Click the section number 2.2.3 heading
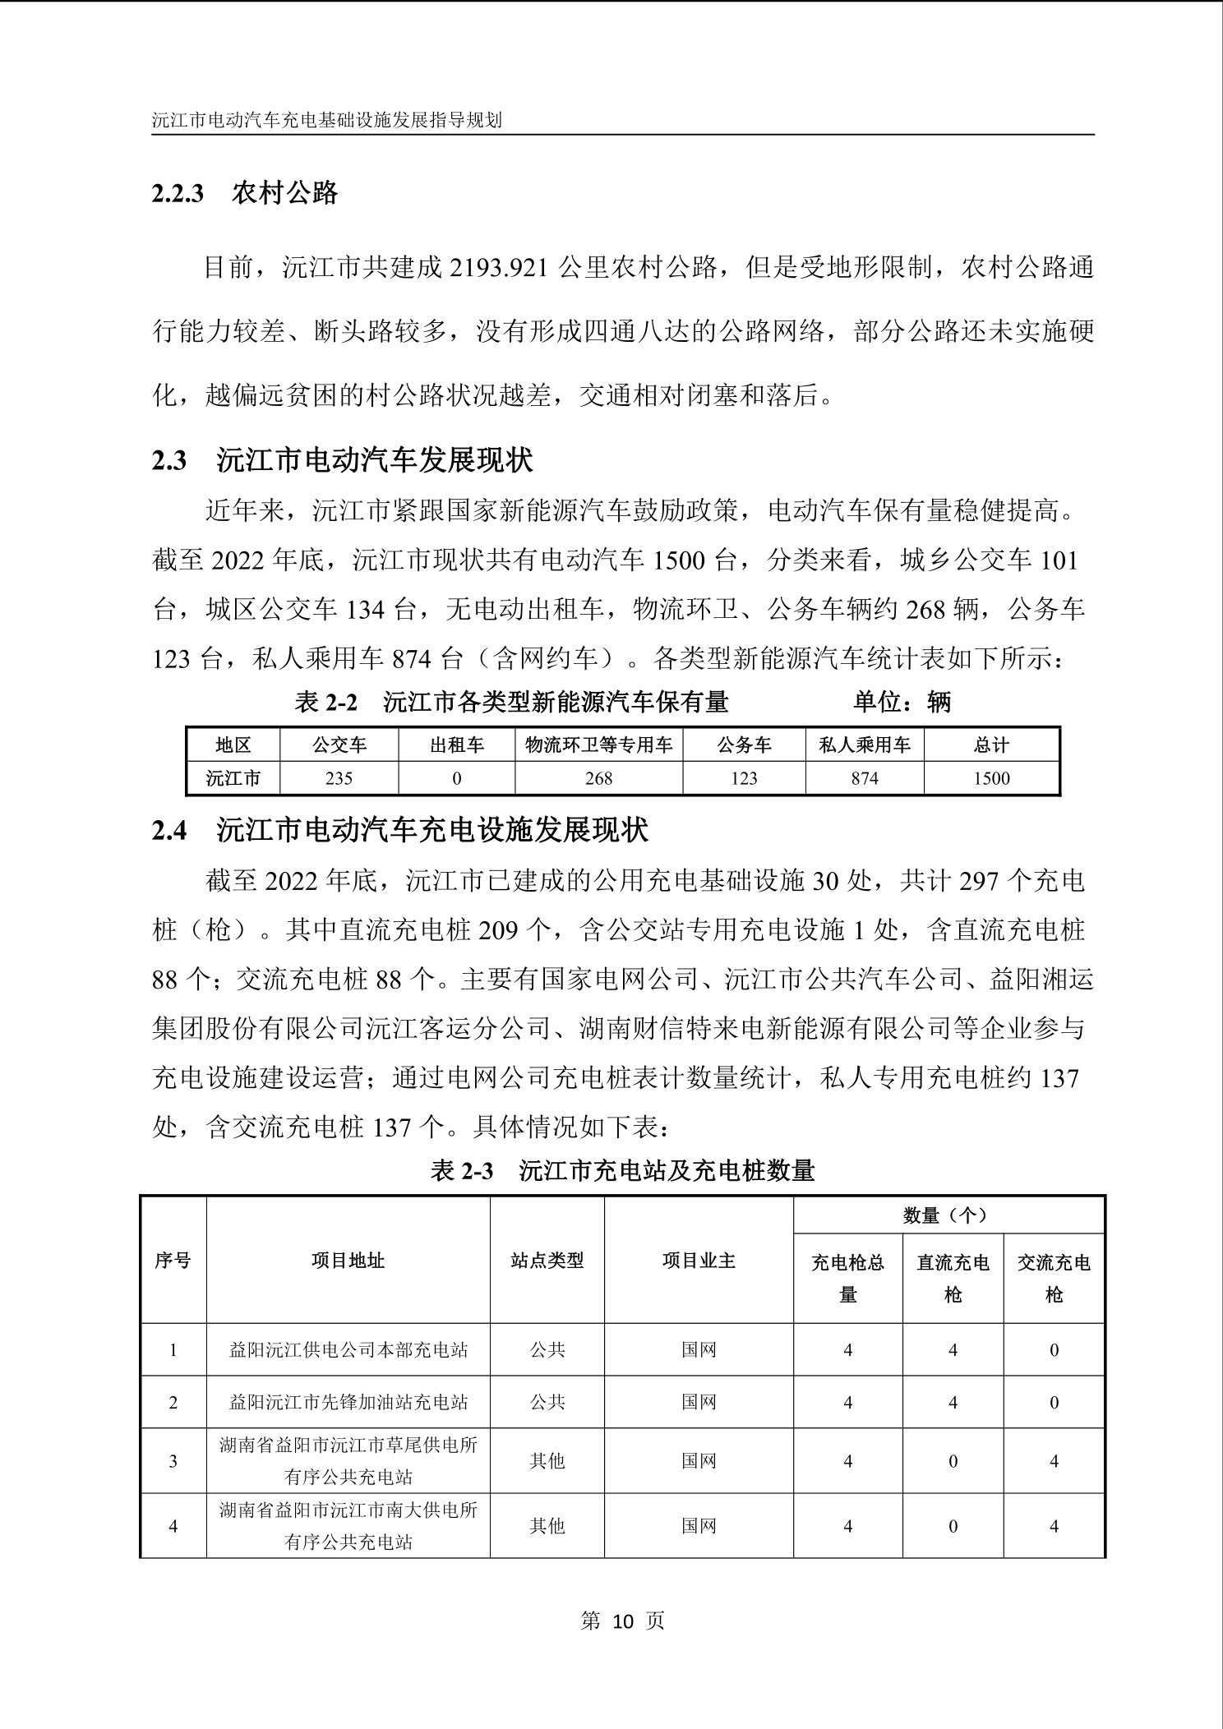point(178,194)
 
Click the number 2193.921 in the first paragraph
point(499,268)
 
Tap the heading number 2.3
point(169,460)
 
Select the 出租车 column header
point(457,745)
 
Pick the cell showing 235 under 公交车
point(339,778)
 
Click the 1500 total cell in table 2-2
point(991,778)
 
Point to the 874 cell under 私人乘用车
point(865,778)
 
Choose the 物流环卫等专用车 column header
point(598,745)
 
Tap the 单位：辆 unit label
point(902,702)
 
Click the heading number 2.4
point(169,831)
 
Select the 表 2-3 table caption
point(622,1170)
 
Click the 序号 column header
point(173,1260)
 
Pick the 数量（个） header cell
point(948,1215)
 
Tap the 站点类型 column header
point(547,1260)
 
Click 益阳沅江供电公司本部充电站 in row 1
point(348,1349)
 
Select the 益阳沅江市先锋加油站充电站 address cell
point(348,1402)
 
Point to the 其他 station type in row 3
point(547,1460)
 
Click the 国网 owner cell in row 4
point(699,1526)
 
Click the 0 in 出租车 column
point(457,778)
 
